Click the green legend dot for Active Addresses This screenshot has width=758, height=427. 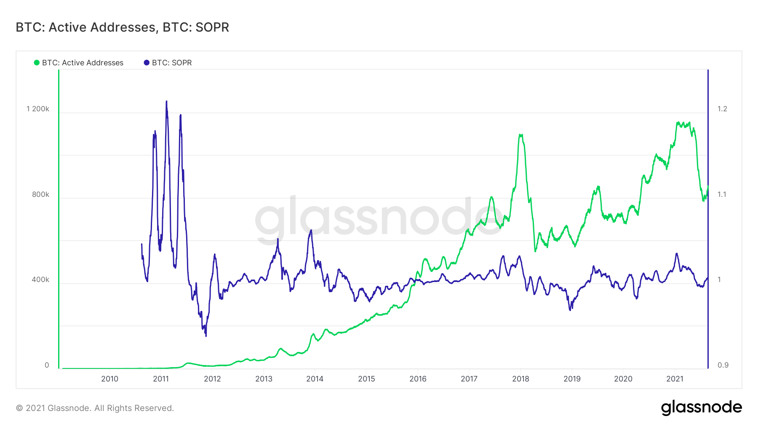point(37,63)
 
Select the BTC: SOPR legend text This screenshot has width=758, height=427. point(172,63)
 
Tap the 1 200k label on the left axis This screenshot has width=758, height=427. point(38,109)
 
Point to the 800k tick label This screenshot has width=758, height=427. point(40,194)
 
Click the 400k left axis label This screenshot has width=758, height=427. point(40,279)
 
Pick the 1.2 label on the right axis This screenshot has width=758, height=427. point(722,109)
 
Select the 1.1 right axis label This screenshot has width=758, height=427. point(722,194)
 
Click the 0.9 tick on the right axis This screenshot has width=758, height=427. point(723,365)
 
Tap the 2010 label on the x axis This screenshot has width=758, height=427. point(109,379)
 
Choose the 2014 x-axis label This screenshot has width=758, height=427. point(315,379)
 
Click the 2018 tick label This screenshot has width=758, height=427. point(520,379)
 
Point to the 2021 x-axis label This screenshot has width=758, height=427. point(675,379)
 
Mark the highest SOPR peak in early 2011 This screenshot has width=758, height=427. point(166,102)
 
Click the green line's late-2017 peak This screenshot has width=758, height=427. point(521,135)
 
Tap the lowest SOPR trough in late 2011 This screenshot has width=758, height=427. point(206,336)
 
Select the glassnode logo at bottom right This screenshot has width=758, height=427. point(701,408)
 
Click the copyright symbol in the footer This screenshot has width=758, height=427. point(19,408)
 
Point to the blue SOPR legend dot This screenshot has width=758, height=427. point(147,63)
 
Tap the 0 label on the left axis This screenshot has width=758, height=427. point(47,365)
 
